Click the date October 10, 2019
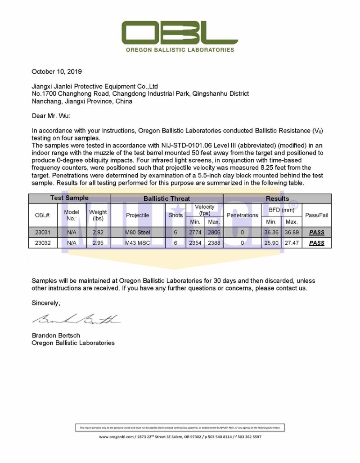pyautogui.click(x=57, y=71)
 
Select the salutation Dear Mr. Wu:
pyautogui.click(x=51, y=116)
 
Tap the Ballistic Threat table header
pyautogui.click(x=166, y=198)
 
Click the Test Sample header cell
pyautogui.click(x=69, y=198)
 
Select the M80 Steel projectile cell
pyautogui.click(x=138, y=233)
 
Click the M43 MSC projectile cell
pyautogui.click(x=138, y=243)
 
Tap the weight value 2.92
pyautogui.click(x=98, y=233)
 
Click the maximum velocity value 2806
pyautogui.click(x=214, y=233)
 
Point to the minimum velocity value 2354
pyautogui.click(x=195, y=243)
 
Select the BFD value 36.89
pyautogui.click(x=292, y=233)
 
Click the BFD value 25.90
pyautogui.click(x=272, y=243)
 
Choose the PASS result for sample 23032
pyautogui.click(x=317, y=243)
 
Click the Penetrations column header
pyautogui.click(x=242, y=215)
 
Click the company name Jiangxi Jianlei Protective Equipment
pyautogui.click(x=94, y=86)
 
